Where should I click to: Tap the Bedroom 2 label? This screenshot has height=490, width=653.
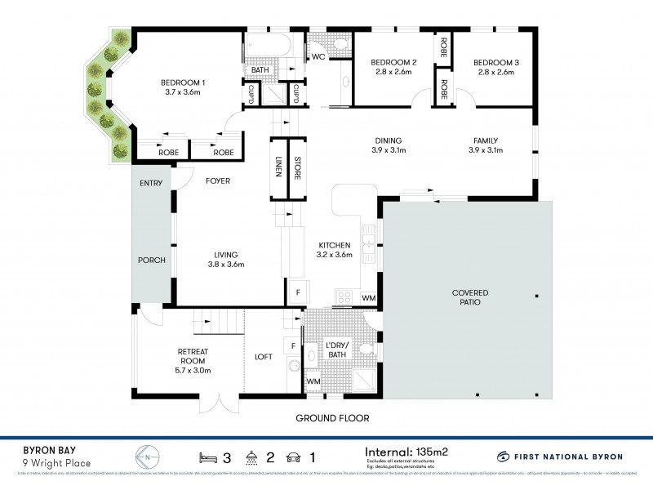tap(393, 63)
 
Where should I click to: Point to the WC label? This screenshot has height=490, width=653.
tap(318, 57)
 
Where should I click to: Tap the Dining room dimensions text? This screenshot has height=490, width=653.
tap(389, 150)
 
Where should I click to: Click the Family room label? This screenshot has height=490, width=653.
tap(485, 140)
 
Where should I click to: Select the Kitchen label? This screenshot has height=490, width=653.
tap(335, 244)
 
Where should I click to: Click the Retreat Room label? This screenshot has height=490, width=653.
tap(193, 356)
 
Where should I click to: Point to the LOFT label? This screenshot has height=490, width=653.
tap(264, 356)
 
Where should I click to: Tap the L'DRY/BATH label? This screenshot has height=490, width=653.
tap(336, 350)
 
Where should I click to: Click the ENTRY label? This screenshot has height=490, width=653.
tap(151, 183)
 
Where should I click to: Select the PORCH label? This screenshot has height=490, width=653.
tap(152, 261)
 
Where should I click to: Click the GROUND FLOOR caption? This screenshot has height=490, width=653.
tap(333, 418)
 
